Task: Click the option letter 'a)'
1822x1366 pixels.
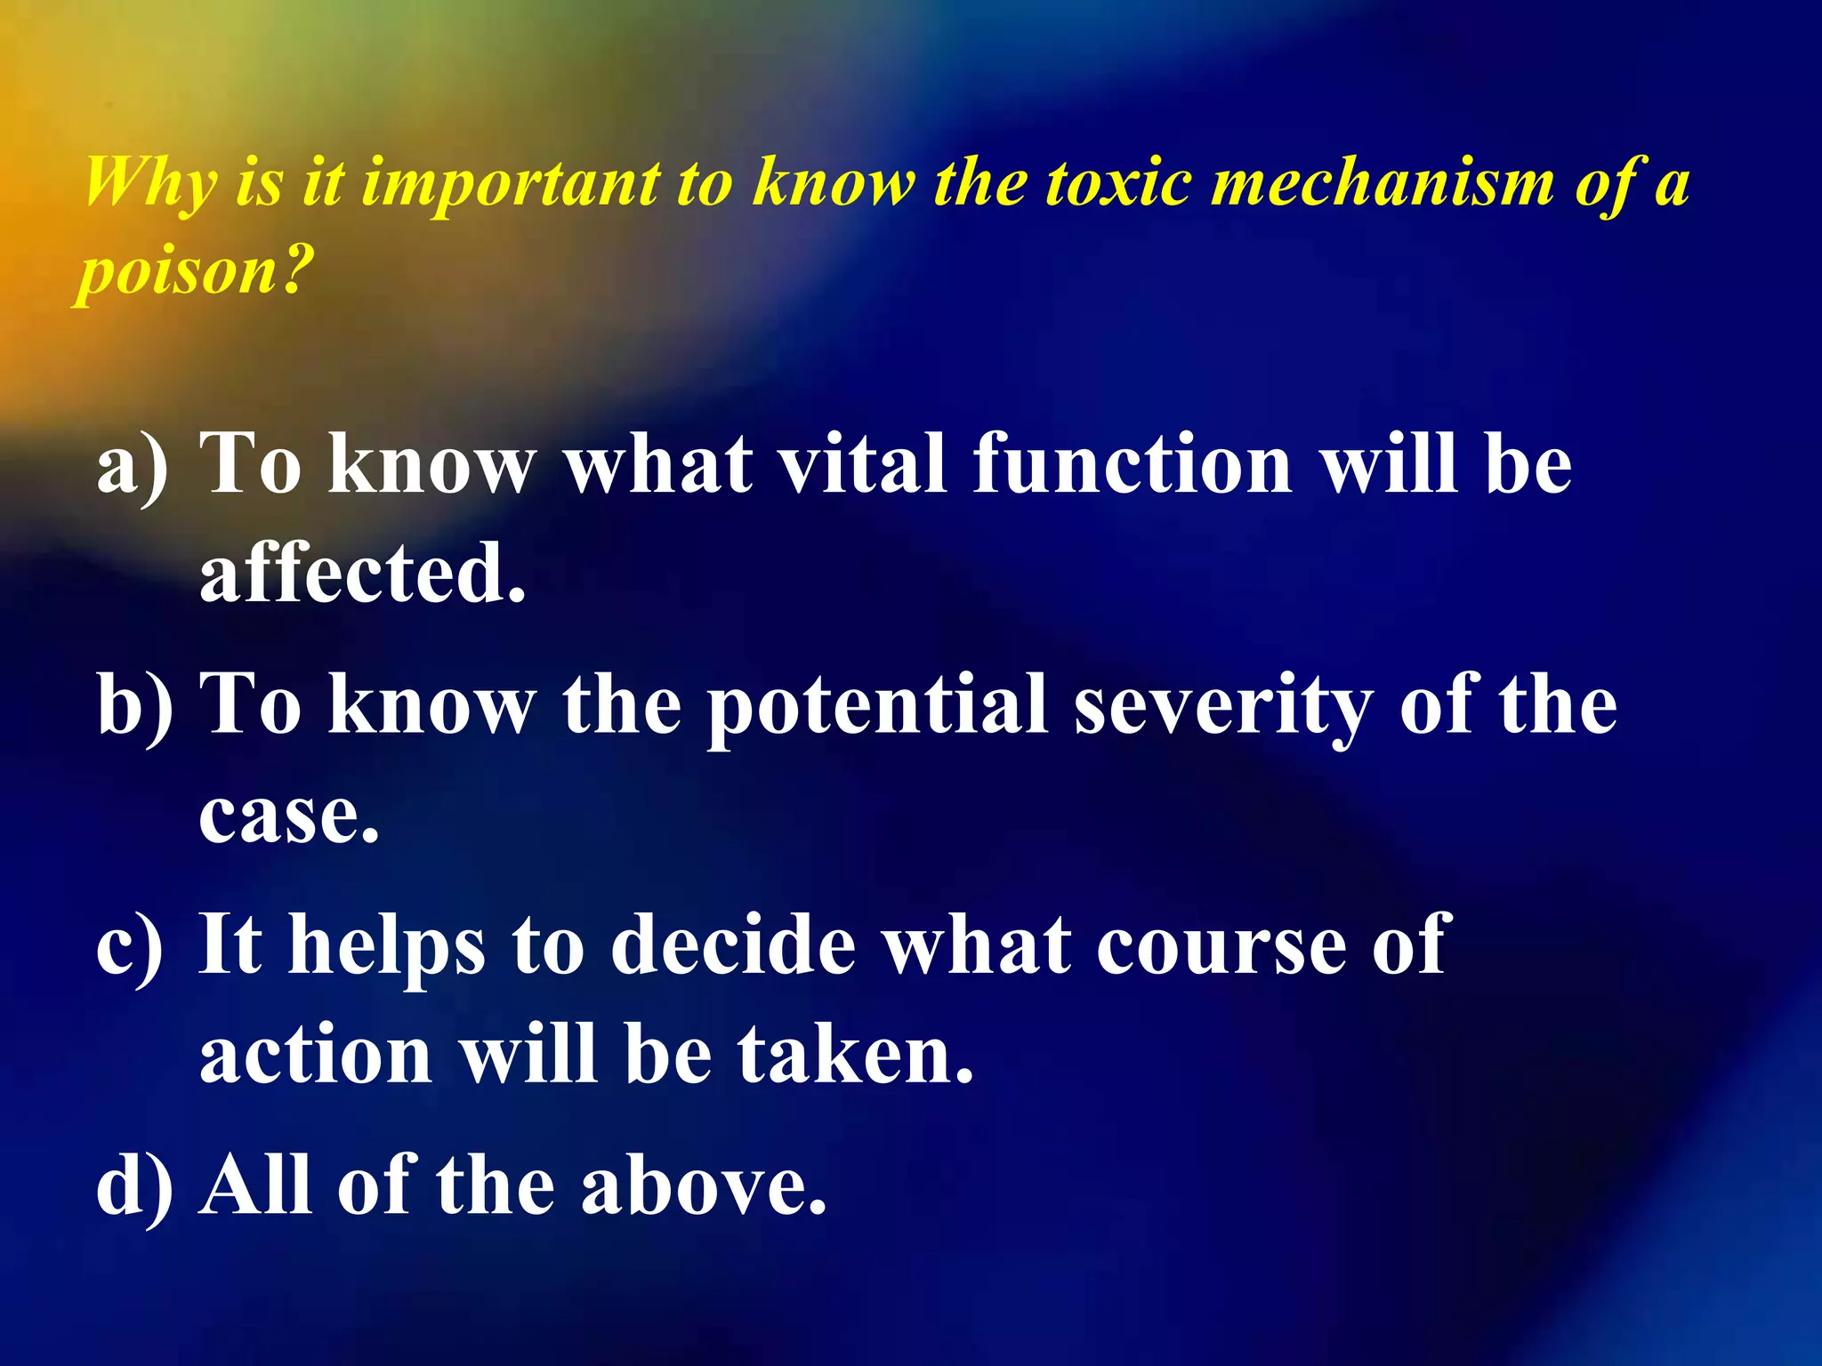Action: tap(133, 465)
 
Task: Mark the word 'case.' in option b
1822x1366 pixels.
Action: tap(289, 816)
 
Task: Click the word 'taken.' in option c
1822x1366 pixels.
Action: tap(855, 1053)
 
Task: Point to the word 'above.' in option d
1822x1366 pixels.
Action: tap(704, 1185)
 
